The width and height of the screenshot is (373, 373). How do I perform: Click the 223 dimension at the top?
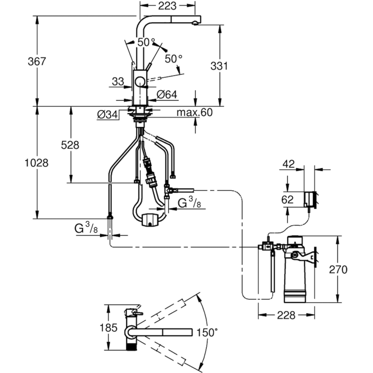(x=166, y=6)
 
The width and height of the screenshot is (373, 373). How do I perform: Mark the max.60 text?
(x=194, y=112)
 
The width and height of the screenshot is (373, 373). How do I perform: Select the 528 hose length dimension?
(x=70, y=145)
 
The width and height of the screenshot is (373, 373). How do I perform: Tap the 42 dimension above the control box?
(x=289, y=164)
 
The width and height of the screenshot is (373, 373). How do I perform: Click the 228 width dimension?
(x=286, y=315)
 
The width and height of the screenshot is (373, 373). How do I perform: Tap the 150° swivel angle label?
(x=207, y=332)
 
